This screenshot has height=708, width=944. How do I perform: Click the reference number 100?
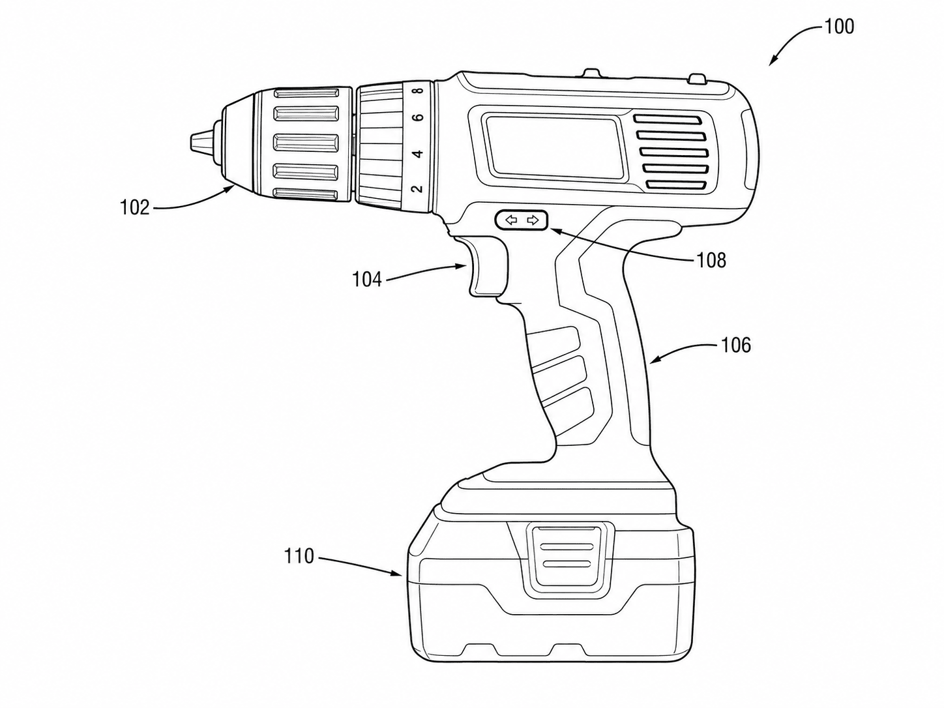click(838, 27)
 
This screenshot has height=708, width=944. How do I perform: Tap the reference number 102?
click(134, 208)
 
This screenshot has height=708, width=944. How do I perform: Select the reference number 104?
click(367, 280)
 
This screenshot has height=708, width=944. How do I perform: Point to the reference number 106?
click(736, 345)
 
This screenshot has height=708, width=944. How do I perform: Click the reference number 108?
click(711, 261)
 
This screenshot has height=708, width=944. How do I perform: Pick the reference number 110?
click(299, 556)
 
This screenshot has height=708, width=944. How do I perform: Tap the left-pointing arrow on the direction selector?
click(511, 221)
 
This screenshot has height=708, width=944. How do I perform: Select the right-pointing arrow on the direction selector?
click(533, 221)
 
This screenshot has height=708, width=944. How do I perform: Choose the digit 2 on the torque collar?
click(417, 188)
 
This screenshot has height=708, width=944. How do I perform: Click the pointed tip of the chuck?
click(190, 142)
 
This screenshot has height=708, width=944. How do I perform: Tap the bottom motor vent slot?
click(676, 185)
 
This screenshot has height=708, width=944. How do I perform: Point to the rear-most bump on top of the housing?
click(697, 79)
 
